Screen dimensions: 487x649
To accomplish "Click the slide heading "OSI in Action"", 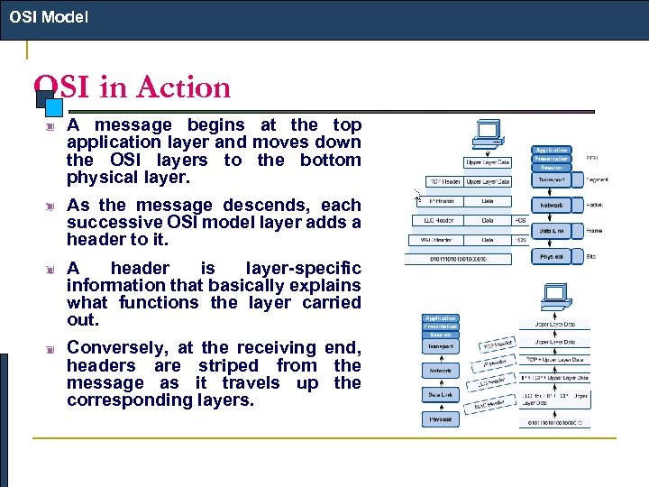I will point(133,87).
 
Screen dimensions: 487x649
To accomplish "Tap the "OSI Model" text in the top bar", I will point(49,16).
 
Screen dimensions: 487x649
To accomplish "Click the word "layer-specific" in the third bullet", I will point(302,268).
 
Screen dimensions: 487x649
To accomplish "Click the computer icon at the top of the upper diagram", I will point(488,134).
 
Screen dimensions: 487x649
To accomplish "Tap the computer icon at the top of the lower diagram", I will point(553,293).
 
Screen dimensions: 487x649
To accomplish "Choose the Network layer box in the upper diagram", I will point(552,206).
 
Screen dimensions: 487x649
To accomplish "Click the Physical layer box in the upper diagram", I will point(552,258).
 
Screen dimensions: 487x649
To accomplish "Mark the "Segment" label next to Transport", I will point(598,180).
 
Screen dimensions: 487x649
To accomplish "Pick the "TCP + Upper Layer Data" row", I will point(559,359).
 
